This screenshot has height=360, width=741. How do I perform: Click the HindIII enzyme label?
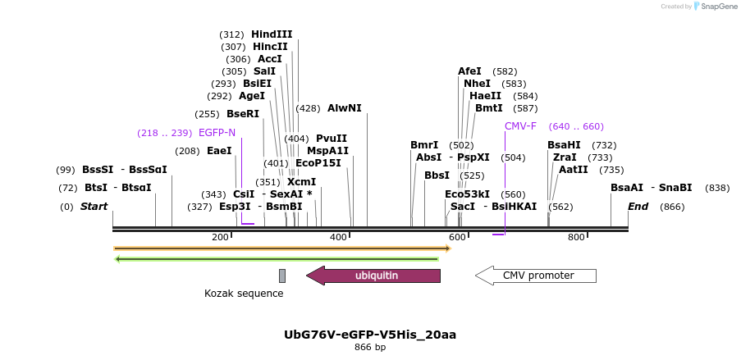pyautogui.click(x=272, y=34)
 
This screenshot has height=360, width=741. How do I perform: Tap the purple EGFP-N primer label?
pyautogui.click(x=217, y=133)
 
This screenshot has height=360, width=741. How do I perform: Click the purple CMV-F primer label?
pyautogui.click(x=520, y=126)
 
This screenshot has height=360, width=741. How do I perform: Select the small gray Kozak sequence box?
pyautogui.click(x=282, y=276)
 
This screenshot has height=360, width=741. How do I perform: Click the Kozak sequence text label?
pyautogui.click(x=244, y=294)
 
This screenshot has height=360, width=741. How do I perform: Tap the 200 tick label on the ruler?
pyautogui.click(x=220, y=237)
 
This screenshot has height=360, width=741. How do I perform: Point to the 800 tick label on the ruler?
pyautogui.click(x=576, y=237)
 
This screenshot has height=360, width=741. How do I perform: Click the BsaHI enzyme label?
pyautogui.click(x=564, y=145)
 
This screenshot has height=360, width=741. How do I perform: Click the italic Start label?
pyautogui.click(x=94, y=207)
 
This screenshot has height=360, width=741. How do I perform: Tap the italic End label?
pyautogui.click(x=638, y=207)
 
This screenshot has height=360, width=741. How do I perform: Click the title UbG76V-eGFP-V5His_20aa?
pyautogui.click(x=369, y=335)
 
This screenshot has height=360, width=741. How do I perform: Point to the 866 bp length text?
pyautogui.click(x=369, y=347)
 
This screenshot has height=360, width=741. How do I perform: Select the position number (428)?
pyautogui.click(x=308, y=108)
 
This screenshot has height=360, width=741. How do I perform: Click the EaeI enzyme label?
pyautogui.click(x=219, y=151)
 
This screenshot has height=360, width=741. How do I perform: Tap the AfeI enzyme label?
pyautogui.click(x=469, y=71)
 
